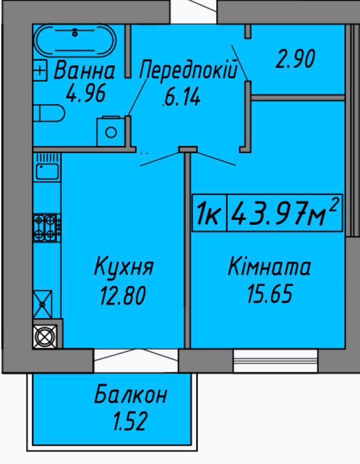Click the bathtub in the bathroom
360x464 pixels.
pos(75,41)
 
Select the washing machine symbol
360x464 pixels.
pos(111,131)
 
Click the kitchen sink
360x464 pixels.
pos(47,171)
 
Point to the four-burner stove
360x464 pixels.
pos(47,228)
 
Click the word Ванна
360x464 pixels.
pos(85,70)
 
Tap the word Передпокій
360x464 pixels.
pos(189,70)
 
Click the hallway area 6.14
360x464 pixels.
pos(182,97)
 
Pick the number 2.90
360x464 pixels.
pos(295,59)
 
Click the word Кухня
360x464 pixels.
pos(124,267)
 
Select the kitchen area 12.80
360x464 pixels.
pos(123,295)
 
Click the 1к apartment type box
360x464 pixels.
pos(210,213)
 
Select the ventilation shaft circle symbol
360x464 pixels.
pos(45,337)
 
